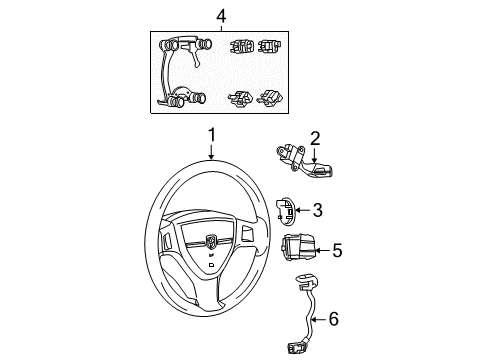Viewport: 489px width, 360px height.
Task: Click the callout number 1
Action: click(211, 136)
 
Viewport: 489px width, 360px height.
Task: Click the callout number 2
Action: click(314, 139)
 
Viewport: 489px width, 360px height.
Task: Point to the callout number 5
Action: click(337, 249)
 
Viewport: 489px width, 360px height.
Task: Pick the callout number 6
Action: click(333, 319)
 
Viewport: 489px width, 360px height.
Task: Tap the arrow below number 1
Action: click(211, 152)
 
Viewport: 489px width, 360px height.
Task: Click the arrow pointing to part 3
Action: click(301, 210)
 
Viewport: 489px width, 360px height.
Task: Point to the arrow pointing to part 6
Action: click(318, 320)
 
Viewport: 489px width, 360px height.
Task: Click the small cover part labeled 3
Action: click(284, 211)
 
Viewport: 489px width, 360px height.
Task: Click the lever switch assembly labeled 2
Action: click(298, 157)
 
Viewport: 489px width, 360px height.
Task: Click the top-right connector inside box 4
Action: click(268, 47)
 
